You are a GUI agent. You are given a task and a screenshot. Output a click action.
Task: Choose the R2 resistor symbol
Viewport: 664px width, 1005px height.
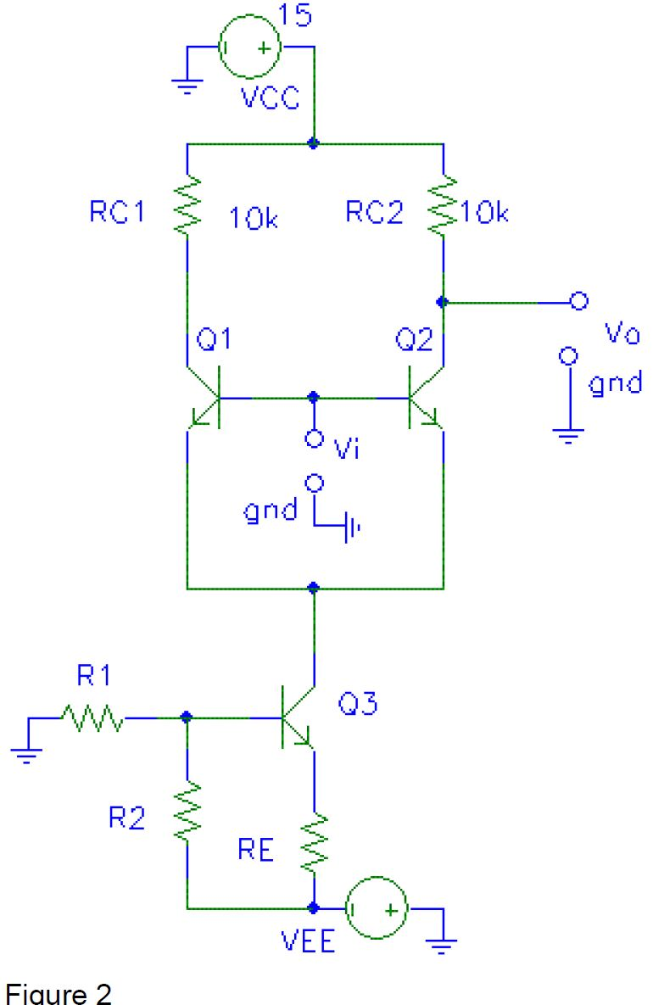(187, 812)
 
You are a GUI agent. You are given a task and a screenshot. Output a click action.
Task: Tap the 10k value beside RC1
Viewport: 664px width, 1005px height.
(254, 218)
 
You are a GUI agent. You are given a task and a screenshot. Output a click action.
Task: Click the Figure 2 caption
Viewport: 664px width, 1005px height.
(59, 993)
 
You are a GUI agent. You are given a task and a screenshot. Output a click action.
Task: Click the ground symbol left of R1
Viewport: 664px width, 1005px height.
(29, 751)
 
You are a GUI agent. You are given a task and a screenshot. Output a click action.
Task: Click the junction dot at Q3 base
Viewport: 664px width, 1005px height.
(187, 718)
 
